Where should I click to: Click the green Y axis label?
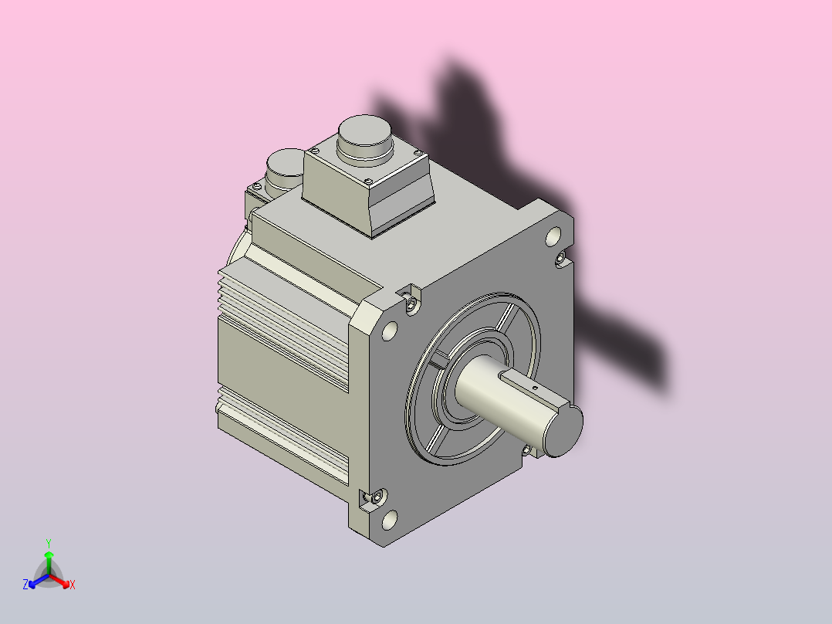coord(49,543)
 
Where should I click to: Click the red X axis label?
coord(73,585)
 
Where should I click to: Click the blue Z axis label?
coord(25,585)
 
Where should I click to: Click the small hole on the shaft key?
coord(535,388)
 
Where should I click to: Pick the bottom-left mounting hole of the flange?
coord(390,520)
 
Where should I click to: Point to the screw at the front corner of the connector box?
coord(368,181)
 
